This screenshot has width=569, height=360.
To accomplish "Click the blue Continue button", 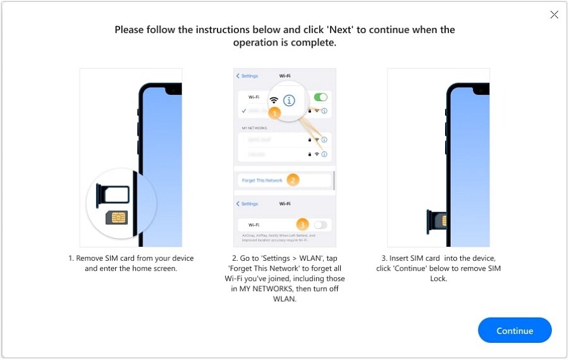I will (x=515, y=330).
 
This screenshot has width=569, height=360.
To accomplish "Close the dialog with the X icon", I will (x=554, y=15).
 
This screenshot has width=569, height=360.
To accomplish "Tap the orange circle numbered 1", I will (x=274, y=113).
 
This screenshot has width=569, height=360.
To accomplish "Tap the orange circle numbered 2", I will (x=292, y=180).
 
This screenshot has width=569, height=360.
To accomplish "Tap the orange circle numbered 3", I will (x=302, y=225).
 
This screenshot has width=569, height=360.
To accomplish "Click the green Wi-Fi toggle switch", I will (x=321, y=97).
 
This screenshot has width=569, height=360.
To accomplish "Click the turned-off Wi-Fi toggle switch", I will (x=321, y=225).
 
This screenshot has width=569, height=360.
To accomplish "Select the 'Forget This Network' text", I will (x=262, y=181).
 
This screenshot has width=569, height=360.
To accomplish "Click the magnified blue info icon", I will (x=289, y=100).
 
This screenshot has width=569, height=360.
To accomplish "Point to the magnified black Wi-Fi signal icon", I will (x=274, y=101).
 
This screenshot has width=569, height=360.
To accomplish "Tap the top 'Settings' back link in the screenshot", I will (x=248, y=76).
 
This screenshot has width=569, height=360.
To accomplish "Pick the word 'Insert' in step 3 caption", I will (x=408, y=258).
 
